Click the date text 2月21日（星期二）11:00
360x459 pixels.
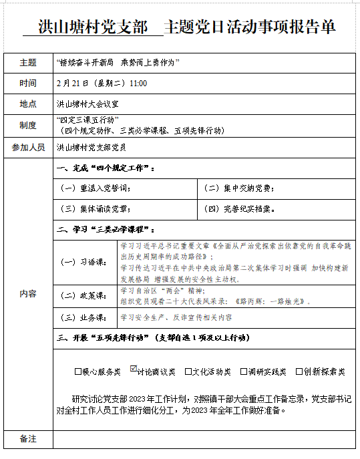(102, 84)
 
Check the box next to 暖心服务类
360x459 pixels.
(78, 371)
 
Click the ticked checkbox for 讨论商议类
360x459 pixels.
(134, 369)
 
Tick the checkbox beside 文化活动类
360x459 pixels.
(188, 371)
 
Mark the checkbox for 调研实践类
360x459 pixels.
(243, 371)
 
